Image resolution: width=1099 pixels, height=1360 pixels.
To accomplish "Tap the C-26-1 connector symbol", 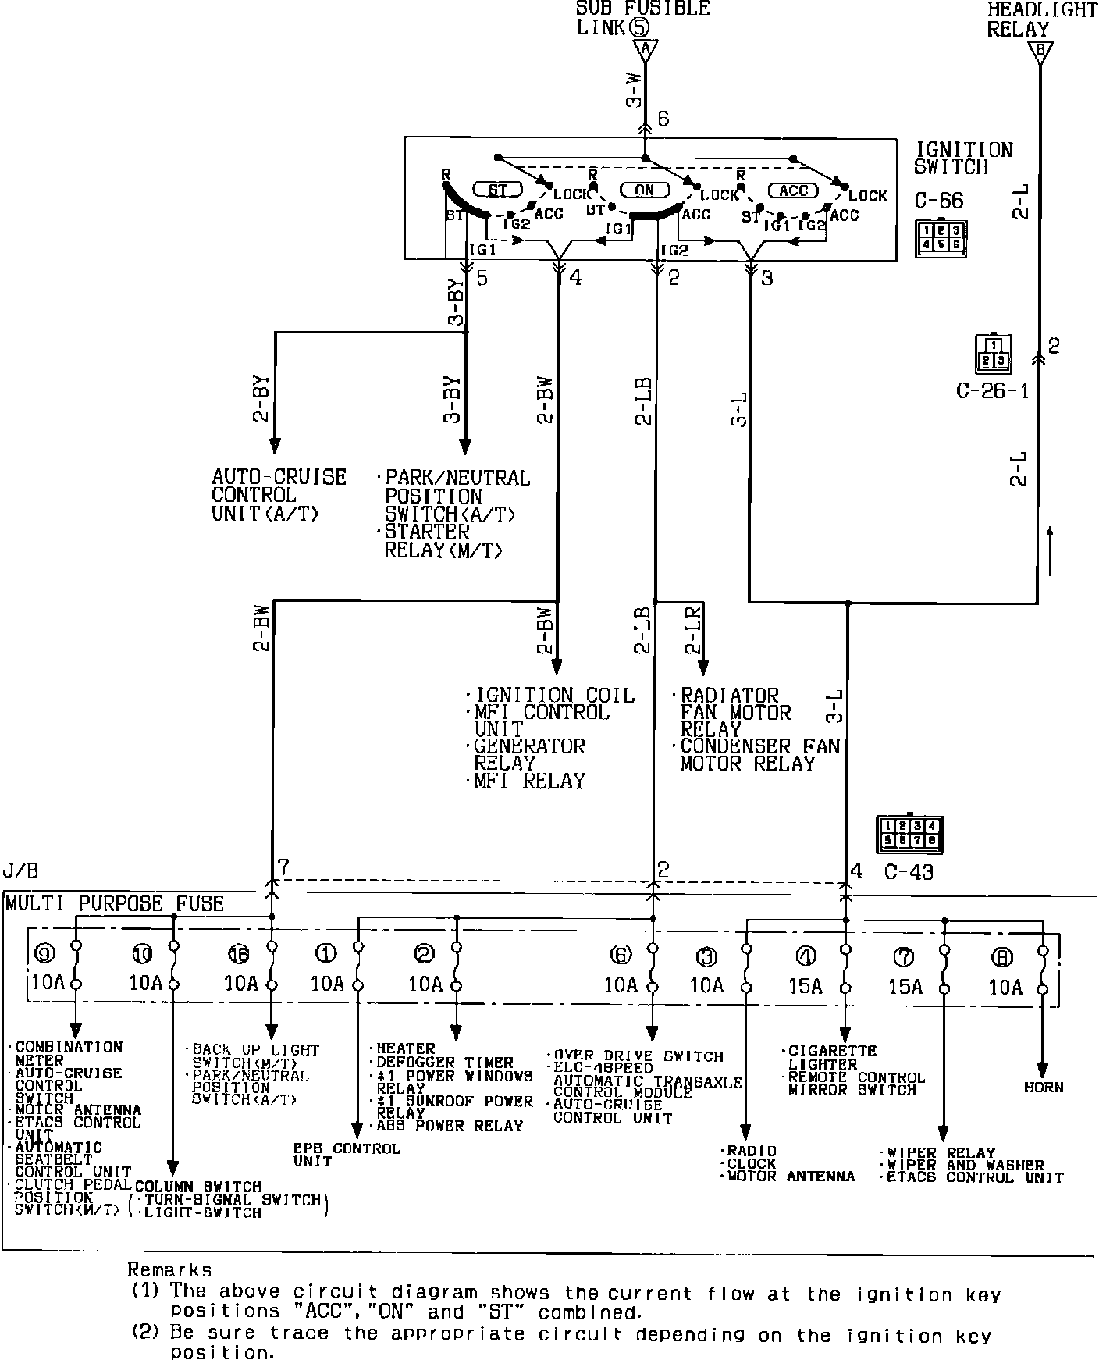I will (x=992, y=354).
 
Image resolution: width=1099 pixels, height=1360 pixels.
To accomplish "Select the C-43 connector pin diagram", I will (x=909, y=835).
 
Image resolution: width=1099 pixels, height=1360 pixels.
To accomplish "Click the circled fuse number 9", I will (x=44, y=953).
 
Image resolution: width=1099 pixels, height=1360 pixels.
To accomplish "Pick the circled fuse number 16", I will (x=238, y=953).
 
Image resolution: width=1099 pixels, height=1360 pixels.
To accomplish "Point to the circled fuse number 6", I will (x=621, y=954).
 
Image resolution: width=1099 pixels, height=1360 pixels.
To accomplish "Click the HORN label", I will (x=1044, y=1087).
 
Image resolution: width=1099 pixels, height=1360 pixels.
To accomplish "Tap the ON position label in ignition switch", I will (x=644, y=190).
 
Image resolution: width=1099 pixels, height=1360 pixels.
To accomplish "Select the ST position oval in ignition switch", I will (x=497, y=190).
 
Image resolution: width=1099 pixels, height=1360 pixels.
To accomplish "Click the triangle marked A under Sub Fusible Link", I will (x=644, y=50).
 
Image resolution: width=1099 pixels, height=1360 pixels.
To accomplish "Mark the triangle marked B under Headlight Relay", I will (x=1039, y=52).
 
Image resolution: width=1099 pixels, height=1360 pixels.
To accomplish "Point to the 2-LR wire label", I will (x=692, y=628).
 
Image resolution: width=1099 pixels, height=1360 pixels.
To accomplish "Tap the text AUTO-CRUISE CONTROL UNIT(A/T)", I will (x=279, y=495).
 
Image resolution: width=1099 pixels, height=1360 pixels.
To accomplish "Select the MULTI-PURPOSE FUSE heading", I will (x=115, y=904).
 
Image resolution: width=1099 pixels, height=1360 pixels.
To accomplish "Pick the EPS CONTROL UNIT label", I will (x=346, y=1155).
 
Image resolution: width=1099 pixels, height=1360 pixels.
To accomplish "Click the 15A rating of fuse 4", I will (x=805, y=986).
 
